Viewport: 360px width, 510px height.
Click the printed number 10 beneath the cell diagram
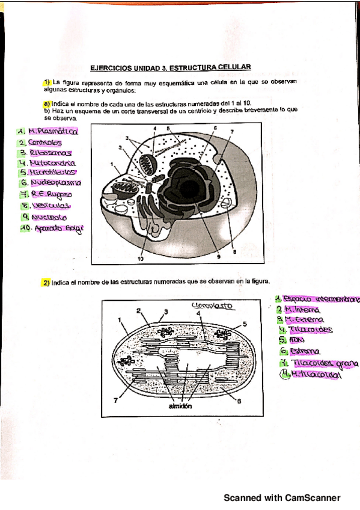141,259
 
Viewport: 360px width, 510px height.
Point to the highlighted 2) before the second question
46,281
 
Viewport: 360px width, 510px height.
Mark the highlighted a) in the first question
46,103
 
